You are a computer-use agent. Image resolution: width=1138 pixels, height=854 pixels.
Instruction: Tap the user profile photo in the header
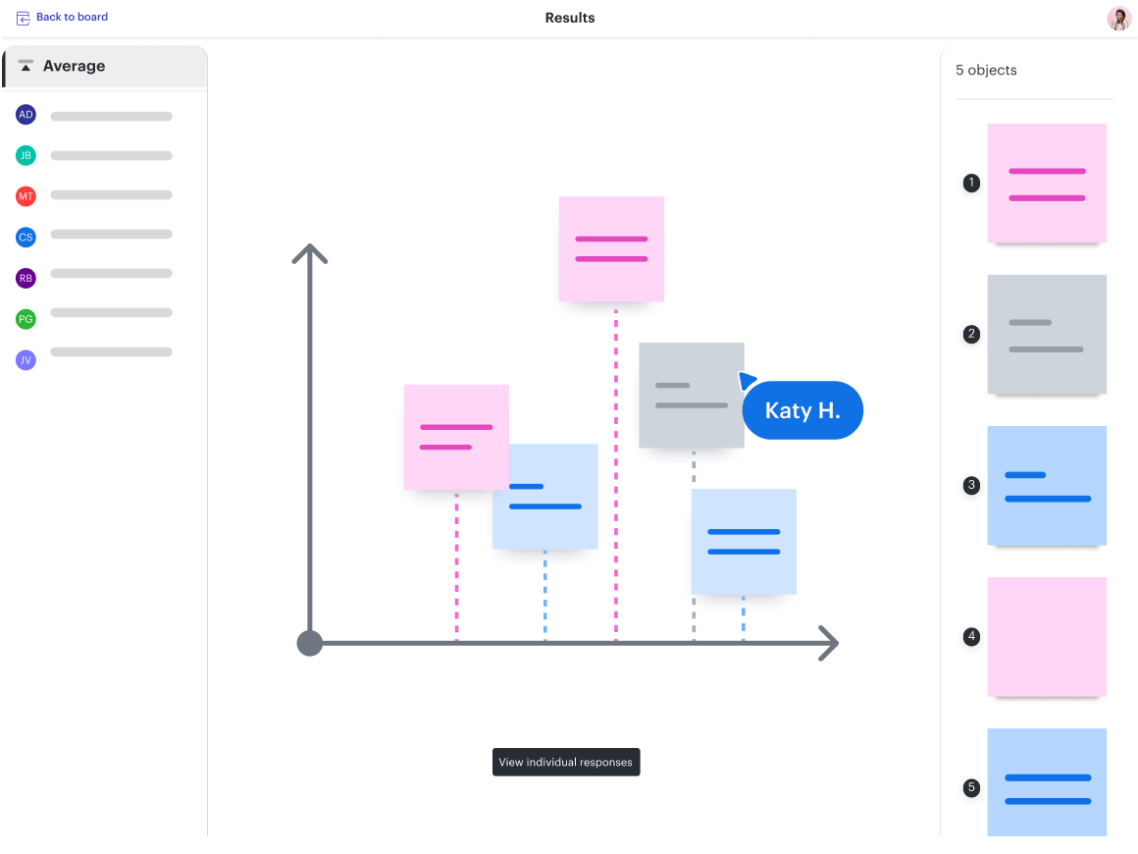coord(1118,19)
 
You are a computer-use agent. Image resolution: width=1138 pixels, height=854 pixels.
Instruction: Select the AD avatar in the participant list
coord(26,115)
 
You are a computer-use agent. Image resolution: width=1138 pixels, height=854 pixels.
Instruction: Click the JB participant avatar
coord(26,155)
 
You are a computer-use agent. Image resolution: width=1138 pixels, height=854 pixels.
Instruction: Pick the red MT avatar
coord(26,196)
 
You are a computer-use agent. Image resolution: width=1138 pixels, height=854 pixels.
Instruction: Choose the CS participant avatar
coord(26,237)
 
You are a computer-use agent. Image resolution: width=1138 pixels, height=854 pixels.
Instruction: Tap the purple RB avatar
coord(26,278)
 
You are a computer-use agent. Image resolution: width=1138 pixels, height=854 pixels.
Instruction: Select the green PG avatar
coord(26,319)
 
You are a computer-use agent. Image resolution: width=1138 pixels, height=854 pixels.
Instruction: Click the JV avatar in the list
coord(26,360)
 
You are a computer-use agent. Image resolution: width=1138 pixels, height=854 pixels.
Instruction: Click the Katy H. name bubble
coord(802,410)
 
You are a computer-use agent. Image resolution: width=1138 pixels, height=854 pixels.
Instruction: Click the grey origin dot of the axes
coord(310,644)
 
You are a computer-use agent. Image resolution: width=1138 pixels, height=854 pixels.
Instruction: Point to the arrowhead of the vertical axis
coord(309,250)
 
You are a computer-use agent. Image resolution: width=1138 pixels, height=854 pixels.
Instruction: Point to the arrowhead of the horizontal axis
coord(830,644)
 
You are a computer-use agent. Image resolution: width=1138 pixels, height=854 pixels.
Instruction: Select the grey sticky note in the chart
coord(691,395)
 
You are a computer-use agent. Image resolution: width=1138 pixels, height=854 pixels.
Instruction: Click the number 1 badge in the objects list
coord(971,183)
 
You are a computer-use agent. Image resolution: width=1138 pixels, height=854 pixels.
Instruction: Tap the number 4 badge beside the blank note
coord(971,637)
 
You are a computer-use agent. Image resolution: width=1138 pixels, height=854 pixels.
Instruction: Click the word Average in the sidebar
coord(74,67)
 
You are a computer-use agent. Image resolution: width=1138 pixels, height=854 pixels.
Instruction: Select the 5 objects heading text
coord(986,71)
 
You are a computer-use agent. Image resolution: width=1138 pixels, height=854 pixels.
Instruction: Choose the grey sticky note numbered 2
coord(1047,335)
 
